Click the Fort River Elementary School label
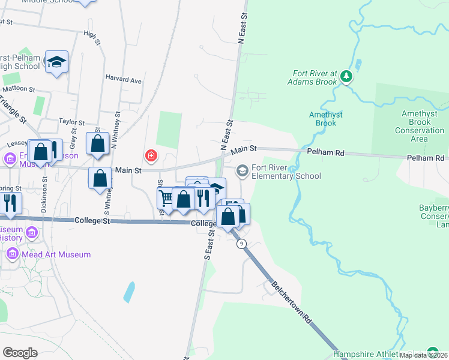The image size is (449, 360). (x=286, y=172)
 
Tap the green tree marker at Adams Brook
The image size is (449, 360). (x=346, y=76)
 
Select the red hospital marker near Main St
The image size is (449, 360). (x=151, y=157)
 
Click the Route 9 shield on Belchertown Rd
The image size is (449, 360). (x=241, y=244)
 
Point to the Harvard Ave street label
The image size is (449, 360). (x=124, y=80)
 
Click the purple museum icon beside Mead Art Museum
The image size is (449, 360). (x=11, y=254)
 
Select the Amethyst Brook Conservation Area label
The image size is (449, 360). (x=423, y=126)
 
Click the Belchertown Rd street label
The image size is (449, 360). (x=292, y=301)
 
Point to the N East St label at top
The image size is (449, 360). (x=243, y=29)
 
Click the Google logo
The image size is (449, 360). (x=20, y=352)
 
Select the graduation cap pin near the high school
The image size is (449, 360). (x=57, y=62)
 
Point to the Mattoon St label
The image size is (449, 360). (x=20, y=88)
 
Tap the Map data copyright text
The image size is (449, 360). (x=423, y=355)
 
